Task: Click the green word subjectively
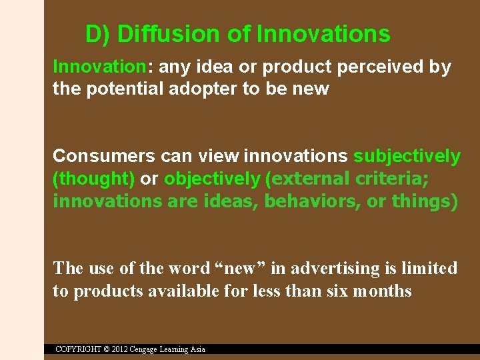[x=407, y=156]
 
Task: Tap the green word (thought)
[x=94, y=179]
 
